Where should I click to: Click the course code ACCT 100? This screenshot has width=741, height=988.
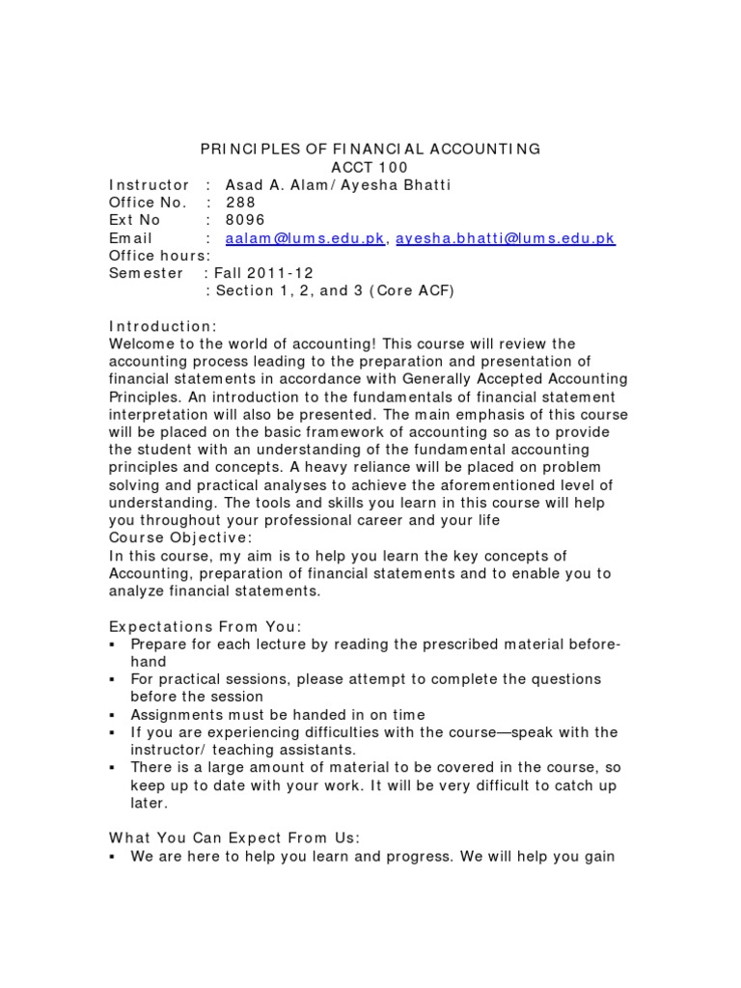click(x=370, y=167)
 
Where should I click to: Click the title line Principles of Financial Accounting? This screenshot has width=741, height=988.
click(x=370, y=149)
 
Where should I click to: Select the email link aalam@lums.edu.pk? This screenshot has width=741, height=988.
click(x=304, y=238)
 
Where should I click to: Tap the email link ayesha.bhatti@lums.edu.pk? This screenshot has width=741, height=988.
click(x=505, y=238)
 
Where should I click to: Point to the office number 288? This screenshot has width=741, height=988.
click(x=241, y=203)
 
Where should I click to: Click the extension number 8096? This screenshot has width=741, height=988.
click(x=245, y=220)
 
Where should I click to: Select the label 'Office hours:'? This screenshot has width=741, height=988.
click(x=159, y=256)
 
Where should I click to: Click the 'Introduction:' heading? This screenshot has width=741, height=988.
click(x=162, y=326)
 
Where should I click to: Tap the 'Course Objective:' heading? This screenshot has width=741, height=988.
click(x=181, y=537)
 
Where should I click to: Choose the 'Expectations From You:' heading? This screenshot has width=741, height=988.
click(x=205, y=626)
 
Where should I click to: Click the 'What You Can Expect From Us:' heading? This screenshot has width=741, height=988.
click(x=233, y=838)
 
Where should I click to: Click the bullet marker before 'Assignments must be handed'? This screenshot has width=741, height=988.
click(x=113, y=715)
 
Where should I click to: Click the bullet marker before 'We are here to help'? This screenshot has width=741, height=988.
click(x=113, y=857)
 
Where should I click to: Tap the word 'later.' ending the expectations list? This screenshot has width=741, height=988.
click(x=150, y=803)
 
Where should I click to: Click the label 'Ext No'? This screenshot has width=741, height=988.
click(x=135, y=220)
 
